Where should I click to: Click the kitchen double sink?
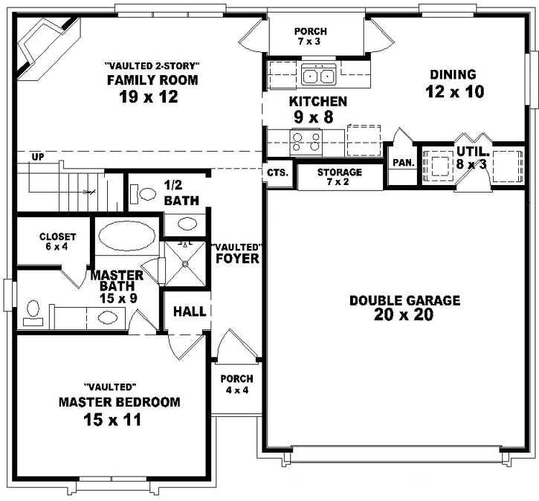(x=319, y=75)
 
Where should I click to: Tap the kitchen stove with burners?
(x=306, y=140)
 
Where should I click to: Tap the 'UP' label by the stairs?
(x=37, y=157)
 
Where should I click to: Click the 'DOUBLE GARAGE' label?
(x=405, y=300)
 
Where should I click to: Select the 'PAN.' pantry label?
(x=403, y=161)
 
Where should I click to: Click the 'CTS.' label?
(x=278, y=172)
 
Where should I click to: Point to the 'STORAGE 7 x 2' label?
(x=340, y=177)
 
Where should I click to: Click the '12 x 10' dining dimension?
(x=454, y=92)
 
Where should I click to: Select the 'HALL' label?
(x=190, y=311)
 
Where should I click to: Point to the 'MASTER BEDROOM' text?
(x=119, y=402)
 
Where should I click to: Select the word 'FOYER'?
(x=237, y=259)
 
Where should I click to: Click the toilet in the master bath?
(x=32, y=311)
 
